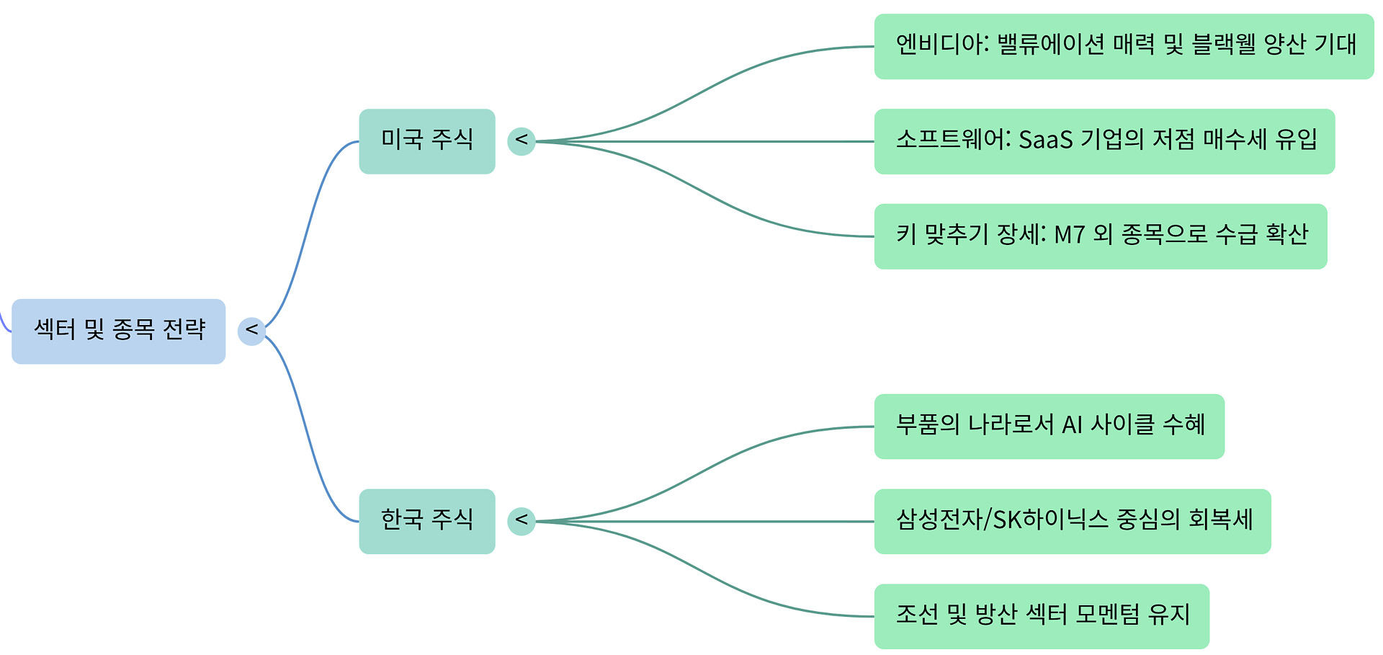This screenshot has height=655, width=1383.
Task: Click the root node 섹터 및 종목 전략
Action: click(x=119, y=331)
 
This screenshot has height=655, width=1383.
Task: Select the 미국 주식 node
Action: click(x=426, y=141)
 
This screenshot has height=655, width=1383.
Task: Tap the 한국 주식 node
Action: click(x=426, y=521)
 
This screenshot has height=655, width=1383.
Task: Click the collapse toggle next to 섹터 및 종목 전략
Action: click(x=251, y=331)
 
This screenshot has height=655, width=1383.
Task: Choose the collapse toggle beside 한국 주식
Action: click(x=521, y=521)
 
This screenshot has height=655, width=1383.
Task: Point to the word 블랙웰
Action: click(x=1223, y=45)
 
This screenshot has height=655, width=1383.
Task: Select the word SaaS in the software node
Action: click(x=1045, y=141)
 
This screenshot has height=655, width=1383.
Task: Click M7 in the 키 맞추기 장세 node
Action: click(x=1069, y=236)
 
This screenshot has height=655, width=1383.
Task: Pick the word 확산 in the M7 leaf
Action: click(x=1286, y=236)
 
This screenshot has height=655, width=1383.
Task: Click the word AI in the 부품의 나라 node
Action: click(x=1072, y=426)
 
